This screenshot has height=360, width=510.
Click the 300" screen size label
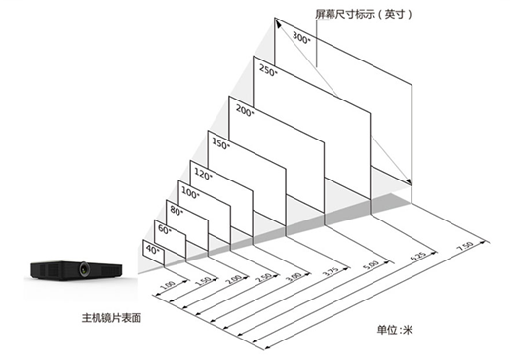300,38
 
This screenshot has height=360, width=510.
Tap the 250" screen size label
267,70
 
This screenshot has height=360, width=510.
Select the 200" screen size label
243,112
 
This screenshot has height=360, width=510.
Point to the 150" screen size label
220,144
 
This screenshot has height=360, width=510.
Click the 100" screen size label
190,192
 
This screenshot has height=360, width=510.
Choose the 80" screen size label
176,210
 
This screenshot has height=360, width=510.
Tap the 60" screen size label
163,229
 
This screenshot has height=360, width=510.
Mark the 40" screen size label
151,249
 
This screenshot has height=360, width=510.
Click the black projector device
73,269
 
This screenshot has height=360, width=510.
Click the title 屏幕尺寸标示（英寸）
360,15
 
